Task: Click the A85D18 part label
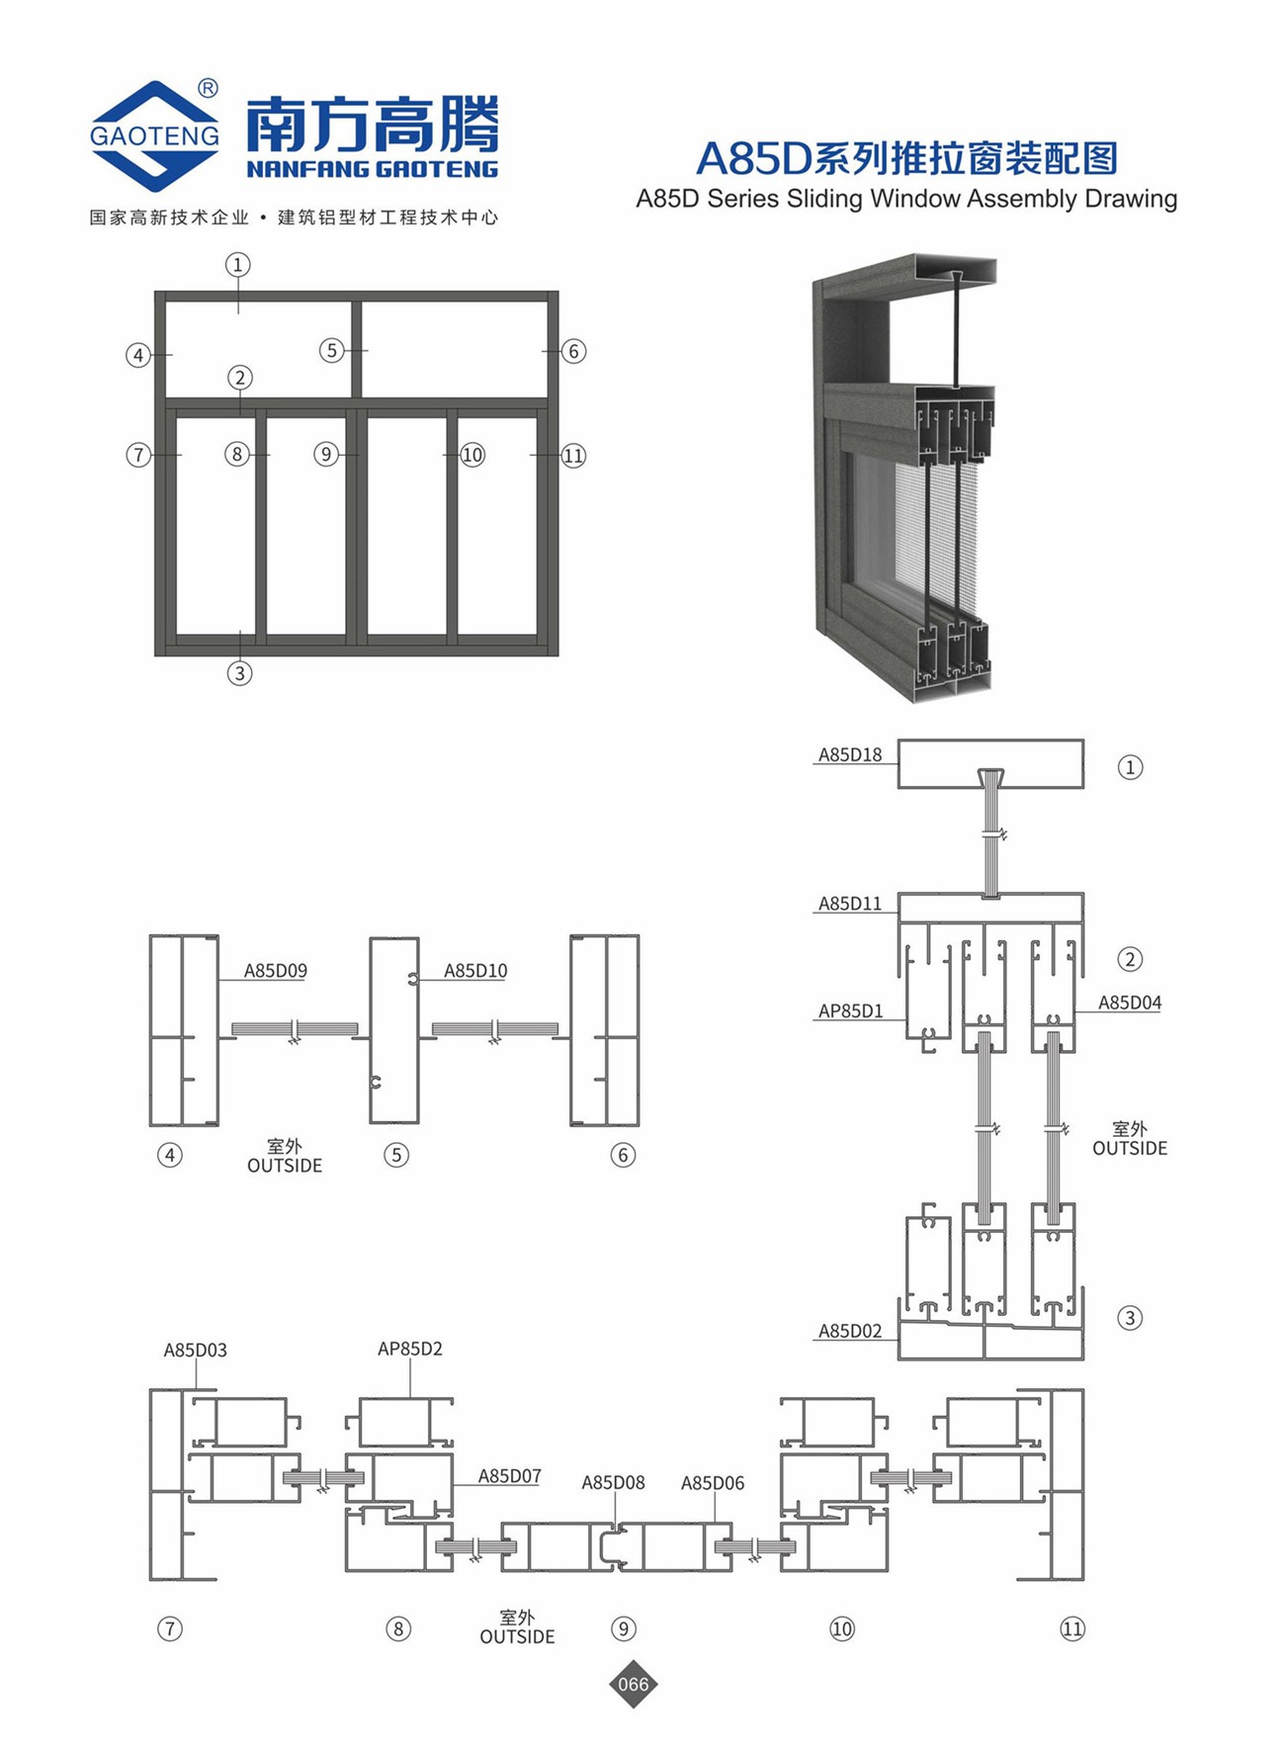pos(849,754)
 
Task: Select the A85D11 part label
pos(849,903)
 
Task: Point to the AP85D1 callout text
pos(850,1010)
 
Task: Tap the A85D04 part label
pos(1130,1003)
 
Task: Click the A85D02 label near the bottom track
pos(849,1331)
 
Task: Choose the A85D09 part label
pos(276,971)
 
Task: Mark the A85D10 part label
pos(475,971)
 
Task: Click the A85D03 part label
pos(195,1350)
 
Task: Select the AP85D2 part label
pos(410,1349)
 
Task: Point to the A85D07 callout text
pos(510,1476)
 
